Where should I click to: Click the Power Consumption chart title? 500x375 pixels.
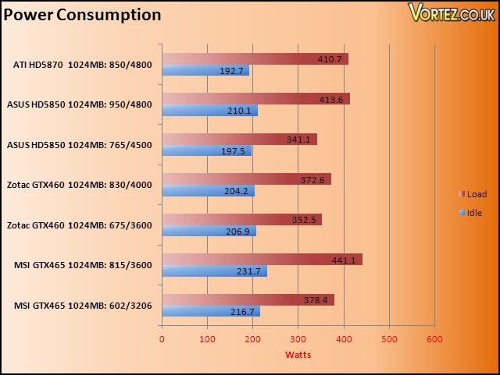(82, 16)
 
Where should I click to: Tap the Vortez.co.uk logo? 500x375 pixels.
(452, 12)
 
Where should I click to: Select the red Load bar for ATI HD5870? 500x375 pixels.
(255, 59)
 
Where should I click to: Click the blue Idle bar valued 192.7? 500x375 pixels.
(205, 70)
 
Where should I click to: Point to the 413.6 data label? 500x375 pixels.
(331, 100)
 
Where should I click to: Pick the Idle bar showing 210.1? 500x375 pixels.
(210, 111)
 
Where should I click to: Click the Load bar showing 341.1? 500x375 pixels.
(240, 139)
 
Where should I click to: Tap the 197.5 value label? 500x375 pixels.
(233, 151)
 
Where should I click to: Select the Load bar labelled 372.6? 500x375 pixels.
(247, 179)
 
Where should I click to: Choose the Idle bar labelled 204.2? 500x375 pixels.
(209, 191)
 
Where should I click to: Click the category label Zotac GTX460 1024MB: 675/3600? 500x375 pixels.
(80, 225)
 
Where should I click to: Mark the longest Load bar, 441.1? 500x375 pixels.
(262, 260)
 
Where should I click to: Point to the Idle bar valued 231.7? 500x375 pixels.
(215, 271)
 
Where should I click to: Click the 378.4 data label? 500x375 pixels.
(316, 300)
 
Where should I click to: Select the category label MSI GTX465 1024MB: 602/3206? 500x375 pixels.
(83, 306)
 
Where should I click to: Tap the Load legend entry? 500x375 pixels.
(473, 194)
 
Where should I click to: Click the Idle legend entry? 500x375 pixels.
(470, 213)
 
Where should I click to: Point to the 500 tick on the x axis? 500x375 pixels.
(389, 339)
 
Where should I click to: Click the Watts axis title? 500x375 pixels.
(298, 355)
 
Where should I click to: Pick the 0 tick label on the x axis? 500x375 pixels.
(162, 339)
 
